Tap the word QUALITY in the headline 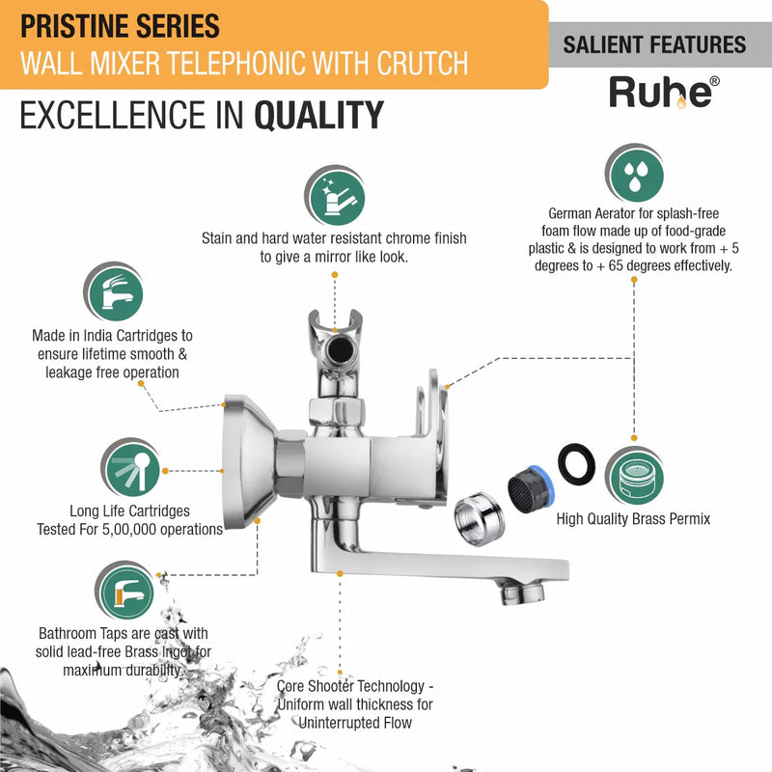[318, 115]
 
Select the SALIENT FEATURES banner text [654, 44]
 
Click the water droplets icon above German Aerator [635, 174]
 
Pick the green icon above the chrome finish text [335, 196]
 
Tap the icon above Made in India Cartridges [114, 292]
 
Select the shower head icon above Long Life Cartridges [131, 468]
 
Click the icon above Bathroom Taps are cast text [125, 591]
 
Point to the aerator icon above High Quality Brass [635, 476]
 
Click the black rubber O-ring [576, 464]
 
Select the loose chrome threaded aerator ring [479, 519]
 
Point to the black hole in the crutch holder [341, 350]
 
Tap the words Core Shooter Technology [350, 686]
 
